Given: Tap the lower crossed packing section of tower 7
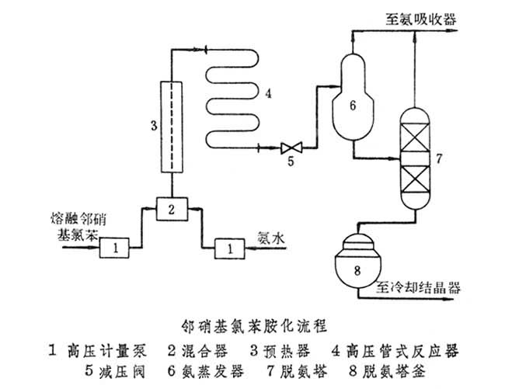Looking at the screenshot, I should tap(416, 181).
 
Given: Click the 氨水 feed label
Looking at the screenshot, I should tap(274, 241).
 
